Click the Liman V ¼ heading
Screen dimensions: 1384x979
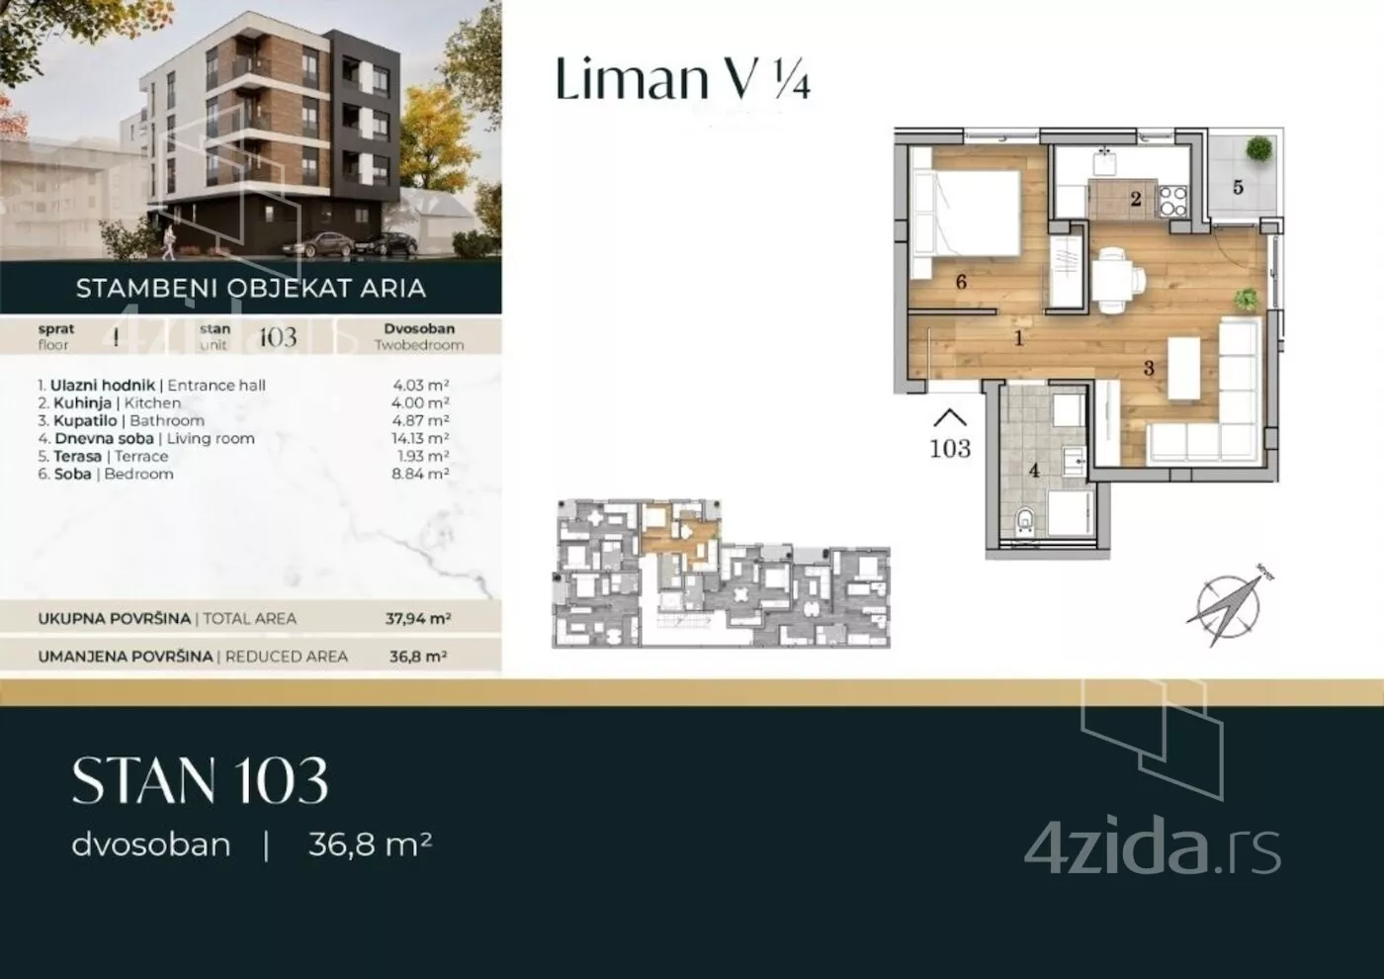point(683,78)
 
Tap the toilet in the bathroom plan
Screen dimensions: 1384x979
point(1026,520)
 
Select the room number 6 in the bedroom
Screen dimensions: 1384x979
point(961,282)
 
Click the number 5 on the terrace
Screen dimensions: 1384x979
point(1238,187)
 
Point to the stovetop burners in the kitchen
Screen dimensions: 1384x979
point(1172,200)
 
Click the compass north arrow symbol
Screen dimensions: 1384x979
point(1229,605)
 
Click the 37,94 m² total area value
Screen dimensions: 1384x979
point(417,618)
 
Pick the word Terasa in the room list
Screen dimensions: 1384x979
point(78,456)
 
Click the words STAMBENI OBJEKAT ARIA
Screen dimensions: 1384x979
point(251,288)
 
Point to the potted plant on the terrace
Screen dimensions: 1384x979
point(1259,149)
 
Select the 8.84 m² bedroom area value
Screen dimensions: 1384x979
point(420,474)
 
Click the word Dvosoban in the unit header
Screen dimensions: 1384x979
point(419,328)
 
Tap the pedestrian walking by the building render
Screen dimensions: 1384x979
point(168,241)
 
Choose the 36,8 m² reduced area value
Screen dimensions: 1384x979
point(417,656)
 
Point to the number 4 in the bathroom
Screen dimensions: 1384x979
point(1034,471)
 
